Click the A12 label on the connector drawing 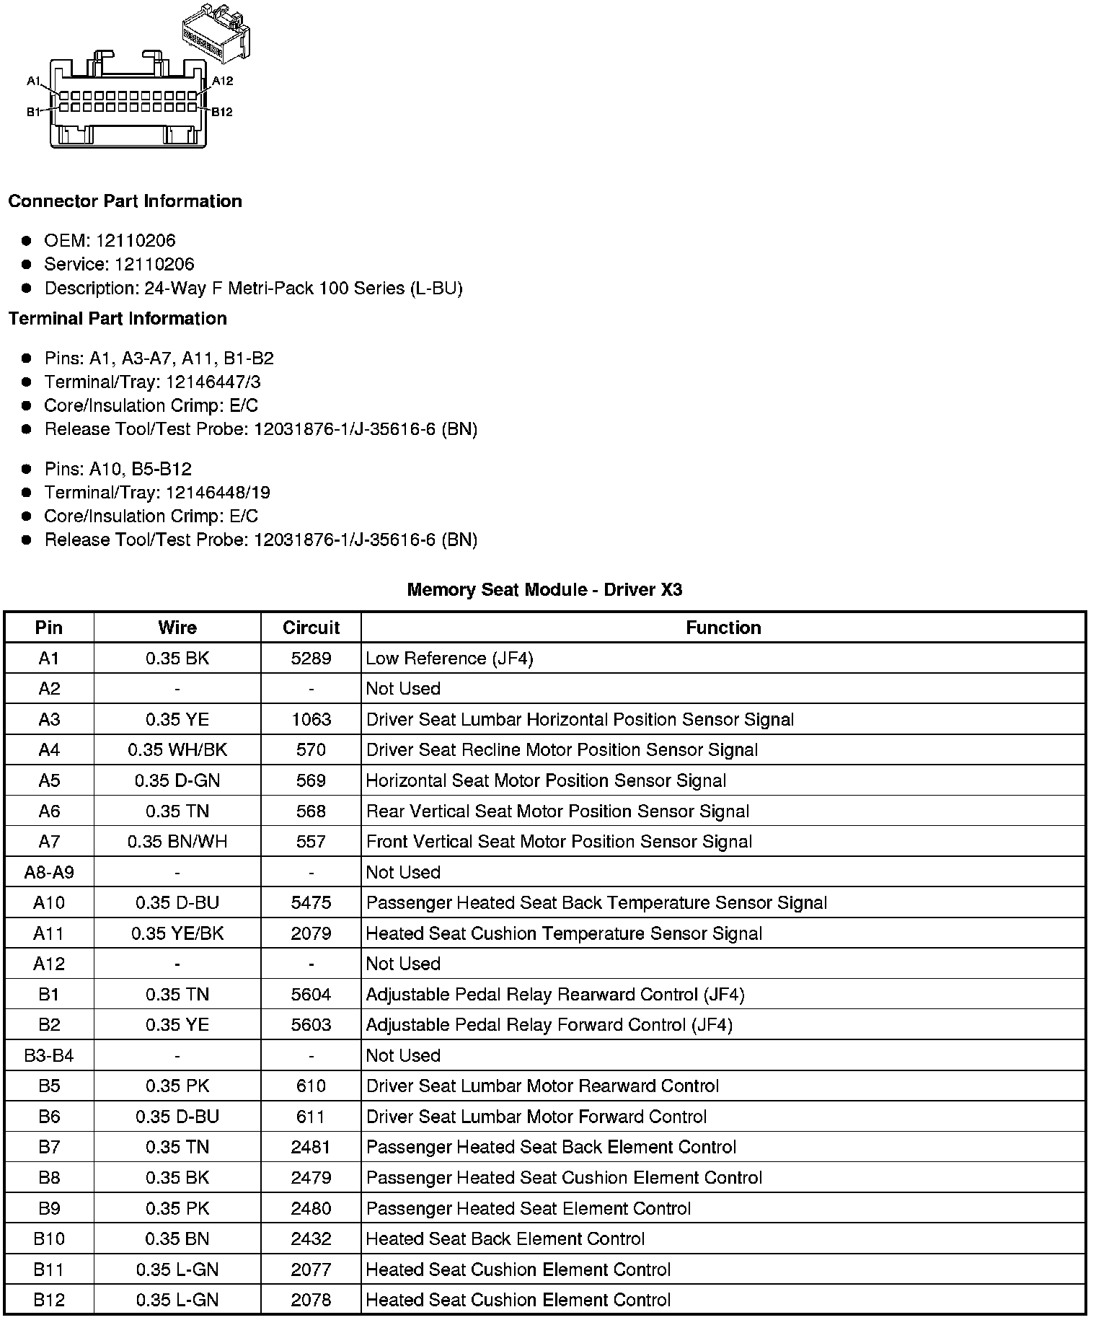(222, 81)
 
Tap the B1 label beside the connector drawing (34, 112)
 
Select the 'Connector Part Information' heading (125, 201)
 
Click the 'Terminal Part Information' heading (118, 319)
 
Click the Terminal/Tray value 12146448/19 (218, 493)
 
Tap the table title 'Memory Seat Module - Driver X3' (544, 590)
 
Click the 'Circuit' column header (311, 628)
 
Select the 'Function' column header (723, 628)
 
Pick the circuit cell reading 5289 (311, 659)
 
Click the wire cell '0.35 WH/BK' (177, 750)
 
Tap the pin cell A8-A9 (49, 872)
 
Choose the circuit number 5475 (311, 903)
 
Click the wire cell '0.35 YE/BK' (177, 933)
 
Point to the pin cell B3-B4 (49, 1056)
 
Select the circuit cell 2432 (311, 1239)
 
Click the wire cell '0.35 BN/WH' (177, 842)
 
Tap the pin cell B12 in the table (49, 1301)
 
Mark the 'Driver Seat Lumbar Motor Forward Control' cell (536, 1117)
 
